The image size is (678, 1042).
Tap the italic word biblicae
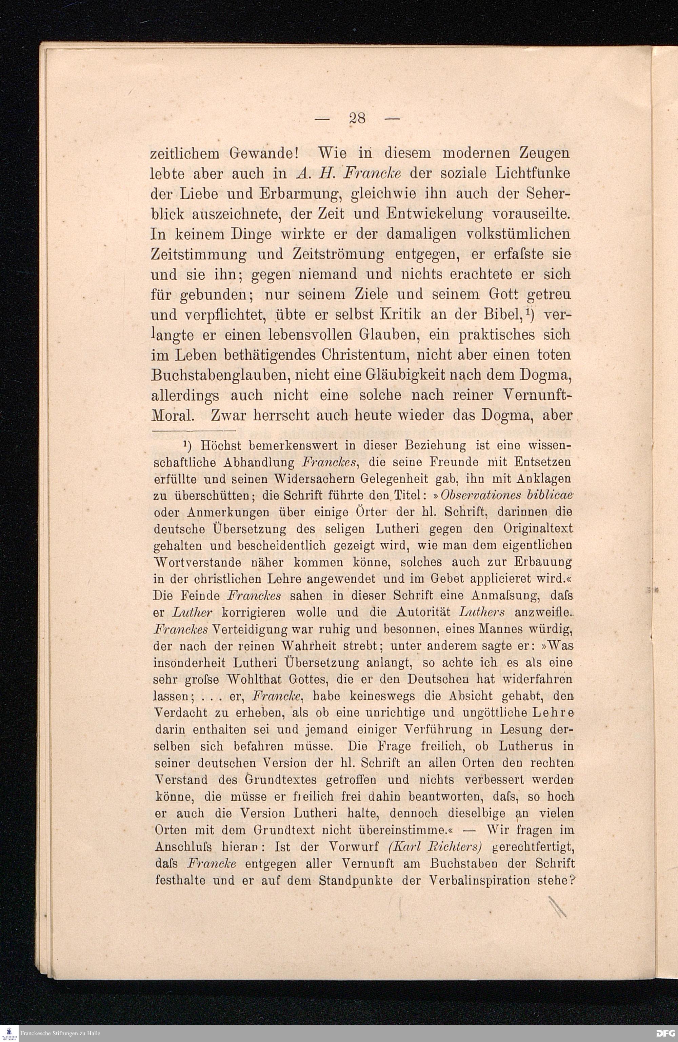(549, 495)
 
